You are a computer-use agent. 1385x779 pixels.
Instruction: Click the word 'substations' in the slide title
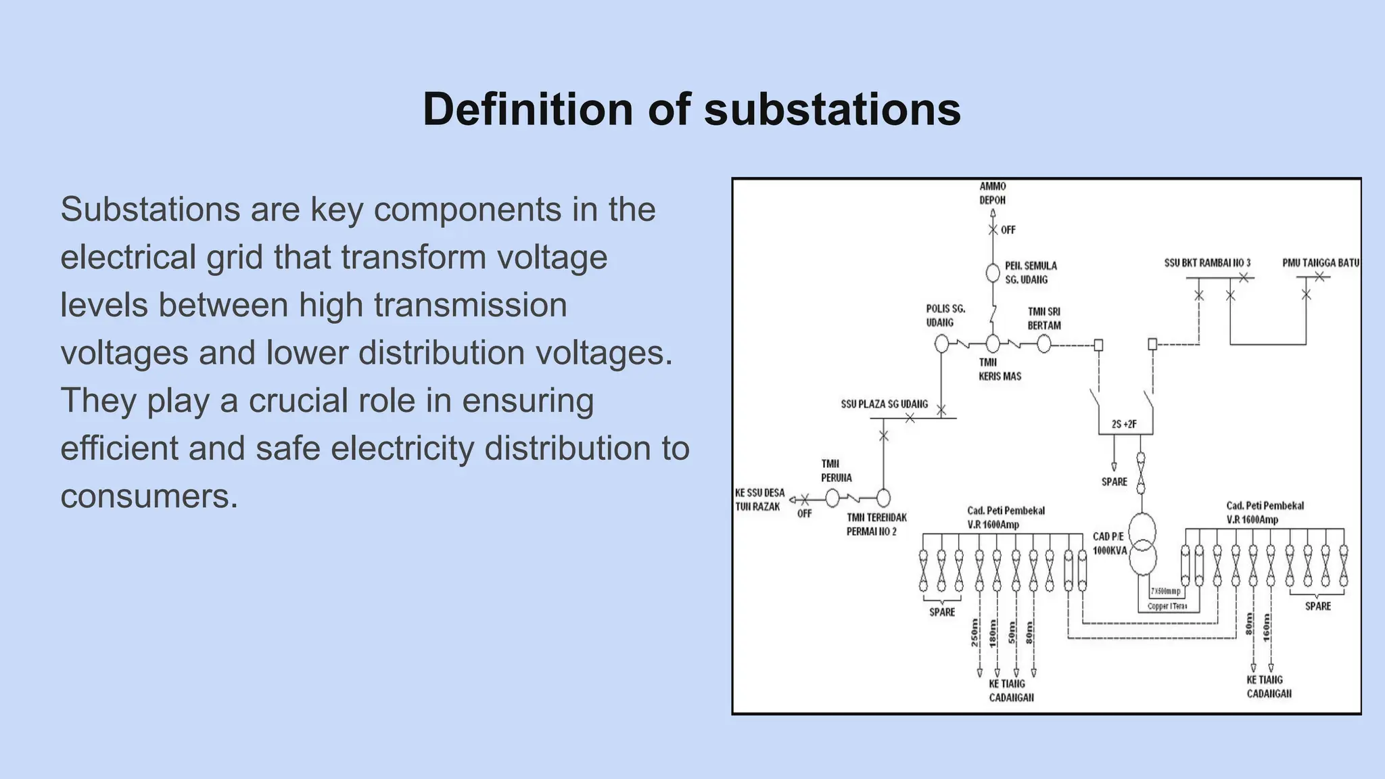[832, 110]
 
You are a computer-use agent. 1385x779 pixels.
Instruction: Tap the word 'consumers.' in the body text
[149, 496]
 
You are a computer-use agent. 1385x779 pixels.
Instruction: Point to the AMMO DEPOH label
[992, 193]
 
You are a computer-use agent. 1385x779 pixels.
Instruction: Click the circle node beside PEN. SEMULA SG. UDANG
[992, 273]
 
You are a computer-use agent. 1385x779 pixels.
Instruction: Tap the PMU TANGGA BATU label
[1320, 263]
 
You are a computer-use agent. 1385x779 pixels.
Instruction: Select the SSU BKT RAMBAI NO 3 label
[1207, 263]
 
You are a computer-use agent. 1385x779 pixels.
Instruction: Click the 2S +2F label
[1124, 425]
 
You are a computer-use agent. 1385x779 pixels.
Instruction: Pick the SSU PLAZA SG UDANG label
[884, 404]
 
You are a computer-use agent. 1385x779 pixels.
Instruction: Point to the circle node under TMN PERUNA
[832, 498]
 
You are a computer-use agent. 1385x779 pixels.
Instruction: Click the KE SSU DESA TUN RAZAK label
[759, 500]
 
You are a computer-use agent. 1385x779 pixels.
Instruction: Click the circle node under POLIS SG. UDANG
[941, 344]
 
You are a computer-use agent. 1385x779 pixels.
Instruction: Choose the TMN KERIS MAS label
[999, 369]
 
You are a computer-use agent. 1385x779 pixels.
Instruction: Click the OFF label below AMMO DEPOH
[1008, 231]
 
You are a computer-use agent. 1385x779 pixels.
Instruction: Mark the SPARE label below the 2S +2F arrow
[1114, 482]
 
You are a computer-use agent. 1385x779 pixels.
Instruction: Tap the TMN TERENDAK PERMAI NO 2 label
[876, 525]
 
